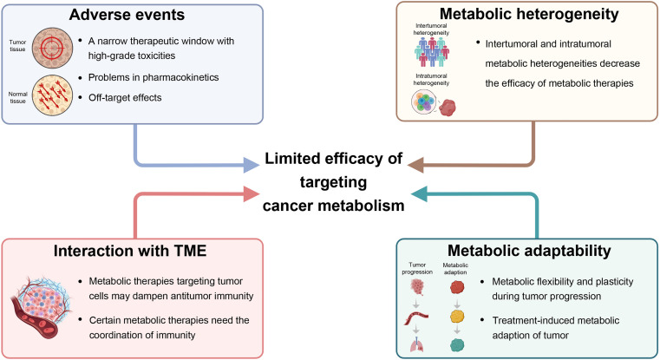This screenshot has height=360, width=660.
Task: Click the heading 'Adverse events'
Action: [x=127, y=15]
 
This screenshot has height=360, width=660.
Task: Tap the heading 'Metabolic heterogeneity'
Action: [x=529, y=14]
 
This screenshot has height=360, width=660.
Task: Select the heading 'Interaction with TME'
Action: [x=130, y=251]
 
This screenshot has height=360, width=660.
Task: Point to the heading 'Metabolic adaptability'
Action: [x=529, y=251]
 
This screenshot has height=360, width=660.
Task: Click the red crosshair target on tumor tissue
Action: [x=52, y=48]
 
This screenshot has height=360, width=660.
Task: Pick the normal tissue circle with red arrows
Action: [x=52, y=95]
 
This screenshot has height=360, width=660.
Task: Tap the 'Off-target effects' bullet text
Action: [x=125, y=98]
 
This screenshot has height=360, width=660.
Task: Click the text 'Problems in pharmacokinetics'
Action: [x=154, y=77]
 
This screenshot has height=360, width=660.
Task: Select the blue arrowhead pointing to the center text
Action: [x=252, y=165]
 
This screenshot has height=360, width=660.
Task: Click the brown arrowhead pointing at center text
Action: [x=416, y=165]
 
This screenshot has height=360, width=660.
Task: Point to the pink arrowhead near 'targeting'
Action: [x=252, y=194]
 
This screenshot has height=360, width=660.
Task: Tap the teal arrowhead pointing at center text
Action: [x=419, y=194]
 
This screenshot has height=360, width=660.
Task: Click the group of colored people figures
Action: [x=431, y=52]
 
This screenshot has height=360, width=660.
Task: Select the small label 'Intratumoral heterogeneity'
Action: [x=431, y=80]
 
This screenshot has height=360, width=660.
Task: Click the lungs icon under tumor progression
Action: [x=416, y=344]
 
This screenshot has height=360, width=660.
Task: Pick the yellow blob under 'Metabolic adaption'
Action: [x=457, y=317]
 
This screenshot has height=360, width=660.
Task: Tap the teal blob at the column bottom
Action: [x=457, y=345]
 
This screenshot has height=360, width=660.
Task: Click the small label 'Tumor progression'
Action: [x=417, y=269]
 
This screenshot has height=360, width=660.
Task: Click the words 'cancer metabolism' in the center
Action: [x=333, y=206]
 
